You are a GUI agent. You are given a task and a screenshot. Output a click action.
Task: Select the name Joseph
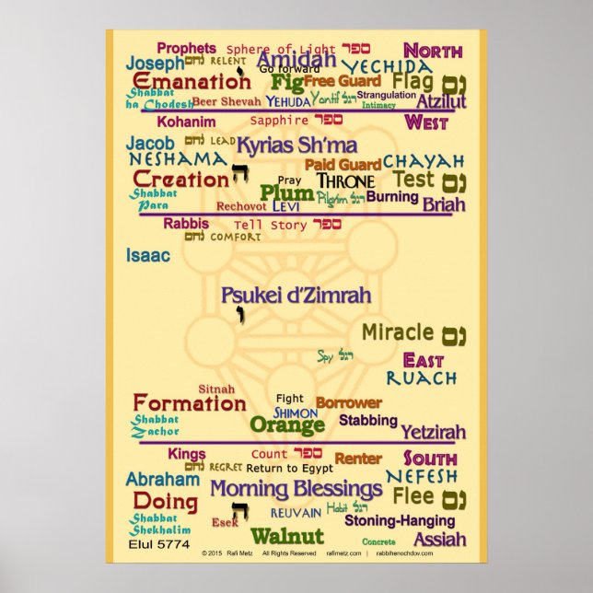point(155,64)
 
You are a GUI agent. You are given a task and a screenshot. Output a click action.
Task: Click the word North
point(432,51)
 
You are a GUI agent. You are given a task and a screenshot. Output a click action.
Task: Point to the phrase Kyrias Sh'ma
point(296,145)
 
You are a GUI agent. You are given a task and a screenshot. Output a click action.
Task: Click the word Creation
point(180,180)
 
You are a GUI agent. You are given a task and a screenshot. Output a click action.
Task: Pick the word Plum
point(280,192)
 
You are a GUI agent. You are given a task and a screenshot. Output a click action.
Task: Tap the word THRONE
point(345,181)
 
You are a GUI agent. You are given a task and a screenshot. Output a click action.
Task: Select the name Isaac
point(148,255)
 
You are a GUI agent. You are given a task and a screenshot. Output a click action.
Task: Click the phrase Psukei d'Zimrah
point(296,296)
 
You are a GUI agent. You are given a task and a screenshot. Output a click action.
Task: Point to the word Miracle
point(397,331)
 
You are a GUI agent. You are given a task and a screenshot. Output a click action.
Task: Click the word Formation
point(190,402)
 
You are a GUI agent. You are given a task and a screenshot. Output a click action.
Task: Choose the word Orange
point(287,424)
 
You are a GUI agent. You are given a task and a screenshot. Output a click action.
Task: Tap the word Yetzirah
point(433,431)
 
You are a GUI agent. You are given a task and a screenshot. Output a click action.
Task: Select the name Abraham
point(162,479)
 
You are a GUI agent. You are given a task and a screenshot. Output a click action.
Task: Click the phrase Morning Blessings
point(296,488)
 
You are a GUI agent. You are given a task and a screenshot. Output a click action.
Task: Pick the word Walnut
point(287,536)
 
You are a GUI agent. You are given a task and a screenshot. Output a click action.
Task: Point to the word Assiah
point(439,539)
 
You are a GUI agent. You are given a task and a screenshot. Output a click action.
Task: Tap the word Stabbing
point(368,420)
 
